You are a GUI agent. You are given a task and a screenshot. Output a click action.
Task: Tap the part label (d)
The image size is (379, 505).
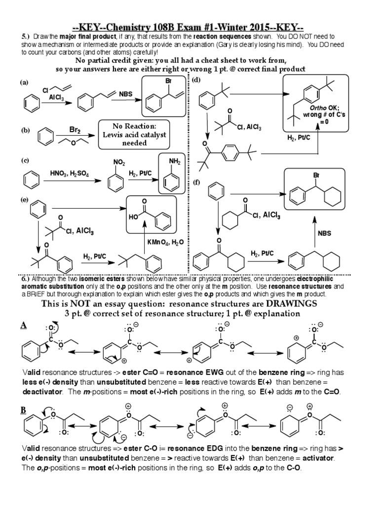tap(196, 80)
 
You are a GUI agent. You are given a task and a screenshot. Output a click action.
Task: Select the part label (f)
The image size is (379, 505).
tap(196, 182)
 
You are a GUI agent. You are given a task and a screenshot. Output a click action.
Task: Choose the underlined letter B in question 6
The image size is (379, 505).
tap(23, 410)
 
